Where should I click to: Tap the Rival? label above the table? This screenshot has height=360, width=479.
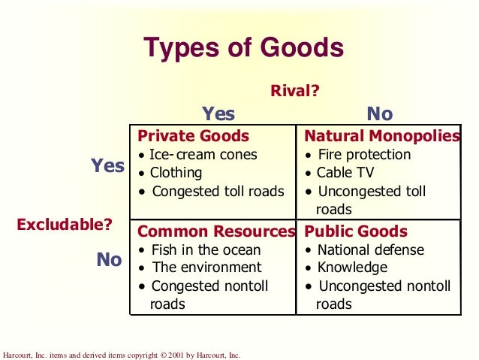295,91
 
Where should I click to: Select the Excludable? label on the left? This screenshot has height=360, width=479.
65,223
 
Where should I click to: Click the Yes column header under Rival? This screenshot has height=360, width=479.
218,114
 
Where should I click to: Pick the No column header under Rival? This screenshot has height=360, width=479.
379,114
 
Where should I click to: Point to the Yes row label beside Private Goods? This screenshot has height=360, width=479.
107,166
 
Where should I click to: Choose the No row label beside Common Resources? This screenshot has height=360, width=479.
109,260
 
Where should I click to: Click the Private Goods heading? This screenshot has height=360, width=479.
193,136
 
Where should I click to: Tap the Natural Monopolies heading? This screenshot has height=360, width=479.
381,136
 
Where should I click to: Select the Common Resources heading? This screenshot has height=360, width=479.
216,231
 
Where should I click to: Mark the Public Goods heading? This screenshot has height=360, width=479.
355,231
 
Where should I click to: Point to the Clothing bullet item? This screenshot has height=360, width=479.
176,173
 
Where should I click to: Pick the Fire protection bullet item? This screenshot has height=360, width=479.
363,155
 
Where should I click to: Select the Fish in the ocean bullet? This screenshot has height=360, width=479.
205,250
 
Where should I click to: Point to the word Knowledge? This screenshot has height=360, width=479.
352,268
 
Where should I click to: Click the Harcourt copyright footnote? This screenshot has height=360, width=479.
122,355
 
